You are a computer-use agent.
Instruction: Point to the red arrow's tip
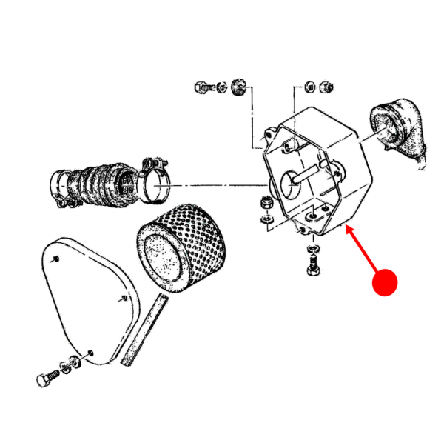click(347, 227)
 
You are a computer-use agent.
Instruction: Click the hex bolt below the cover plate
click(47, 379)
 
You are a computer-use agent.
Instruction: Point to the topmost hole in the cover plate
click(56, 259)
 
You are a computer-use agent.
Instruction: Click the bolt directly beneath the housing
click(311, 262)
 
